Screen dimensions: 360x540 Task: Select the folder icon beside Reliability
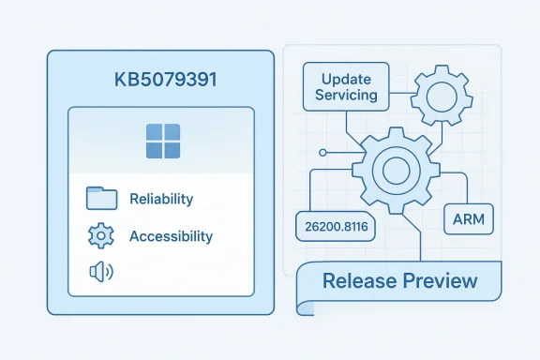[101, 198]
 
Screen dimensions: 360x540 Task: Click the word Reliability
[161, 199]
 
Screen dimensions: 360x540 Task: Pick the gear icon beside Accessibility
[99, 236]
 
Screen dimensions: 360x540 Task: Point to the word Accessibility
[171, 236]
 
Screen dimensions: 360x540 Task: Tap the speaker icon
[98, 273]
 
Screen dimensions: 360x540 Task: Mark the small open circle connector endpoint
[322, 152]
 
